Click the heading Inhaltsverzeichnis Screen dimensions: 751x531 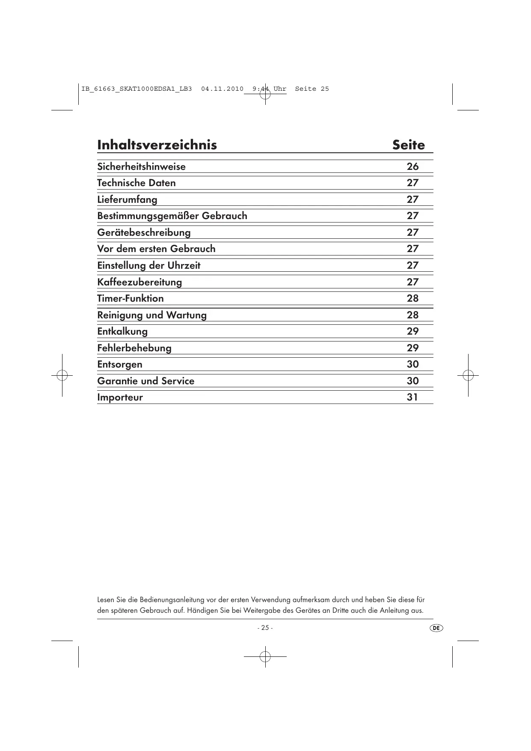[157, 145]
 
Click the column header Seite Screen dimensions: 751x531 [409, 145]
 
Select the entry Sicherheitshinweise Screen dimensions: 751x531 [141, 166]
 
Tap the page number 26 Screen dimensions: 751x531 [412, 166]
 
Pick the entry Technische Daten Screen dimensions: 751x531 [136, 183]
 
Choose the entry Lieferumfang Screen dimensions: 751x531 [127, 200]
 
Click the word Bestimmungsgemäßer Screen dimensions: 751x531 [148, 216]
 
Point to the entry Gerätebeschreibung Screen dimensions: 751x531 [144, 233]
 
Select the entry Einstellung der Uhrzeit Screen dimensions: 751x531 [148, 266]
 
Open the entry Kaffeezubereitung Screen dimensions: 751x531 [139, 282]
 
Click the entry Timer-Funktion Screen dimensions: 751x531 [130, 299]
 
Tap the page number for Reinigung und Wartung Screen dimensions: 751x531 [412, 315]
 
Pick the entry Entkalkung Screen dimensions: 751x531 [122, 332]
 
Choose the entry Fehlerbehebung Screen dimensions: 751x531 [134, 348]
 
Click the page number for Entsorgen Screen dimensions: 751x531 [412, 364]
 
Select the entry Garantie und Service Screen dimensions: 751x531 [145, 381]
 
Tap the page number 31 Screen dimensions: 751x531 [412, 397]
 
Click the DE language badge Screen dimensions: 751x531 [436, 628]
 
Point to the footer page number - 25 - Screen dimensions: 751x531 [265, 628]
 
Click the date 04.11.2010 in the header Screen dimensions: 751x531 [222, 89]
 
